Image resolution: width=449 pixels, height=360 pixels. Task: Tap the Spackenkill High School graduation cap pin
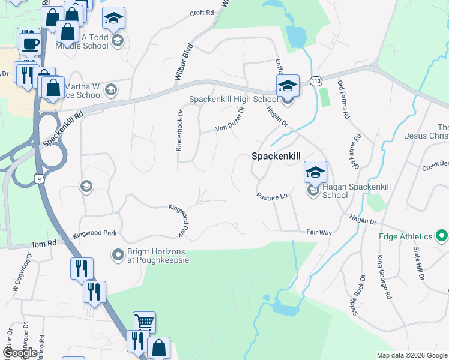tap(288, 86)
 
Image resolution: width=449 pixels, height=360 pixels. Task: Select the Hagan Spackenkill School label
tap(344, 191)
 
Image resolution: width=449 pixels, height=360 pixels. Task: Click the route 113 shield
tap(315, 81)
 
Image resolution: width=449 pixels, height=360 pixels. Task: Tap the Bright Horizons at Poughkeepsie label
tap(158, 256)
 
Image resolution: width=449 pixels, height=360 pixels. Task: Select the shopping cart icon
tap(144, 323)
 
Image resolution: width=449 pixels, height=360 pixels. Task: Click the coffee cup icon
tap(29, 43)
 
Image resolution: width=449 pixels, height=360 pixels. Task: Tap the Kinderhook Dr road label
tap(179, 130)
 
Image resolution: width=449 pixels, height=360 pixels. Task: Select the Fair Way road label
tap(319, 232)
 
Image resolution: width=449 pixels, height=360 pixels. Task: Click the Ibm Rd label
tap(44, 244)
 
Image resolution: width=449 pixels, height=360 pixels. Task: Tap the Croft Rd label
tap(202, 13)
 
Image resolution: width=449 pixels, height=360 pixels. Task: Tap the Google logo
tap(20, 353)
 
